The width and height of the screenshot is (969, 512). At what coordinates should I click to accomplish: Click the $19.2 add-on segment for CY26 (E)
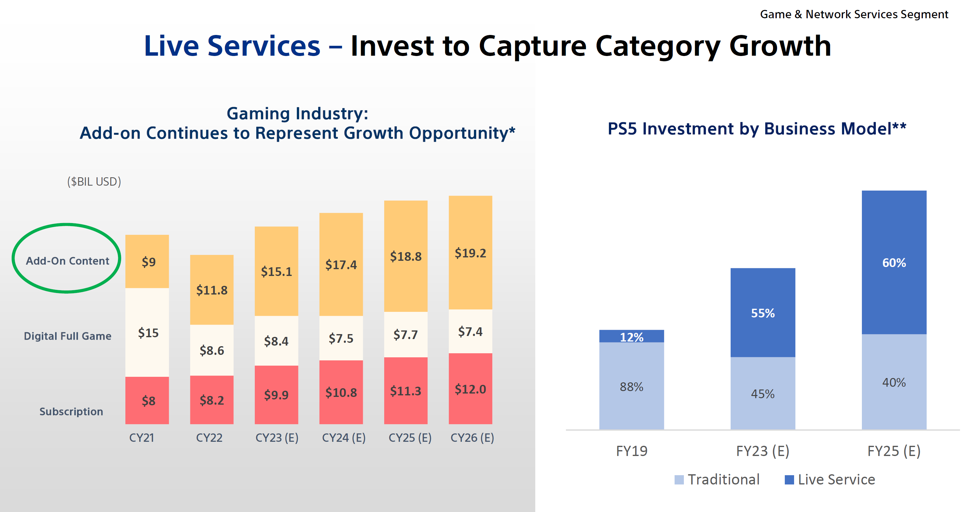click(x=470, y=253)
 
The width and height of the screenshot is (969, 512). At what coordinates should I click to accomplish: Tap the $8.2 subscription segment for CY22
click(x=211, y=400)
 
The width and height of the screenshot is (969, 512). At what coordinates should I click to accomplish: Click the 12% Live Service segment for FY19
click(x=631, y=337)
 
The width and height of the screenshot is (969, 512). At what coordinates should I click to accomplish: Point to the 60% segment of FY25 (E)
click(x=894, y=262)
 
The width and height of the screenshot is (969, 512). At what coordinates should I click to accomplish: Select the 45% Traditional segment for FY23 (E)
click(x=763, y=393)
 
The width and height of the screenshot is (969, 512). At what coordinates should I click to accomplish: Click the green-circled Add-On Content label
click(x=67, y=260)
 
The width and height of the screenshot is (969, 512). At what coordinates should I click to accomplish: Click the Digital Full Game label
click(x=67, y=336)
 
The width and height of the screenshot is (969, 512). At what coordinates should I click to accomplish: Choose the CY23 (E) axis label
click(x=277, y=437)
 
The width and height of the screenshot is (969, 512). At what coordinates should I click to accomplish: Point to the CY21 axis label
click(x=141, y=437)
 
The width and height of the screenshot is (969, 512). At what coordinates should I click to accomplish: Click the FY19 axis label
click(x=632, y=451)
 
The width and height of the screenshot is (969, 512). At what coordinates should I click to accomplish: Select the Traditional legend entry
click(x=717, y=480)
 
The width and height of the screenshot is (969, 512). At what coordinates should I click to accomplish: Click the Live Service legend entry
click(x=830, y=480)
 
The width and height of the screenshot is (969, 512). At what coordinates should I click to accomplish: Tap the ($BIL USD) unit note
click(x=94, y=182)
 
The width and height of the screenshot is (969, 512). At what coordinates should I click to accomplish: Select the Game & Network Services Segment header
click(x=854, y=14)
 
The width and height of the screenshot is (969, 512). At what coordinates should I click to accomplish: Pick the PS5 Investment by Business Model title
click(x=757, y=129)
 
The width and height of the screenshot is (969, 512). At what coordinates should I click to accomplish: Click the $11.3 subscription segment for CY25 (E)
click(x=406, y=391)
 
